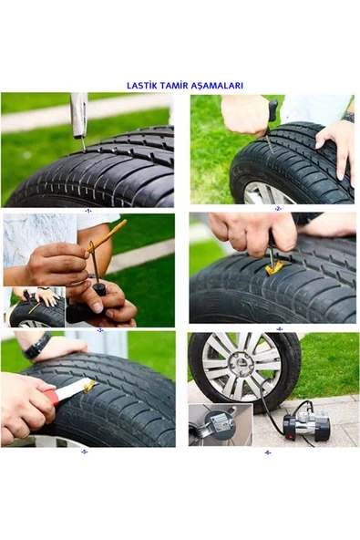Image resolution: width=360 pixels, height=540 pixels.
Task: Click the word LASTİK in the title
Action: pyautogui.click(x=141, y=85)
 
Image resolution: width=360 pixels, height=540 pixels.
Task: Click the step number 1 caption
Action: pyautogui.click(x=88, y=211)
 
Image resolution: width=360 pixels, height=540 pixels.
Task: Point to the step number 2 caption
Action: pyautogui.click(x=278, y=209)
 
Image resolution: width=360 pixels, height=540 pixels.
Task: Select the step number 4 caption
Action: pyautogui.click(x=280, y=329)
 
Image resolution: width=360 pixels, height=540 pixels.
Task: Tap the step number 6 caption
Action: pyautogui.click(x=268, y=452)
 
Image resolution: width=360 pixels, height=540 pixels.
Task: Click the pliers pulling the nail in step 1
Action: pyautogui.click(x=79, y=117)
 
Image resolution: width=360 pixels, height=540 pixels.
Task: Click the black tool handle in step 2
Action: pyautogui.click(x=272, y=112)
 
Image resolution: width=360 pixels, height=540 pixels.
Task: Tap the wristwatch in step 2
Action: pyautogui.click(x=349, y=118)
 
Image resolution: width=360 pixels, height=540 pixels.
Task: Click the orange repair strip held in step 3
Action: pyautogui.click(x=107, y=236)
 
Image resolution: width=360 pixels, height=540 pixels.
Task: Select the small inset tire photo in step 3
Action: pyautogui.click(x=34, y=307)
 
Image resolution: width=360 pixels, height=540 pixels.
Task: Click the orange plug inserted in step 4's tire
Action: pyautogui.click(x=273, y=268)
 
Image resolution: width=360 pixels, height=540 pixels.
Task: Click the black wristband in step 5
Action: pyautogui.click(x=36, y=346)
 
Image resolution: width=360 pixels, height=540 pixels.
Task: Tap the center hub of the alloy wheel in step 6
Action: pyautogui.click(x=242, y=363)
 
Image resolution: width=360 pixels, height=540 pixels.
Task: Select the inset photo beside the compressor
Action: pyautogui.click(x=221, y=425)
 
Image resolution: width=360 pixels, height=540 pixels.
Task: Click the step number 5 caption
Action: pyautogui.click(x=85, y=452)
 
